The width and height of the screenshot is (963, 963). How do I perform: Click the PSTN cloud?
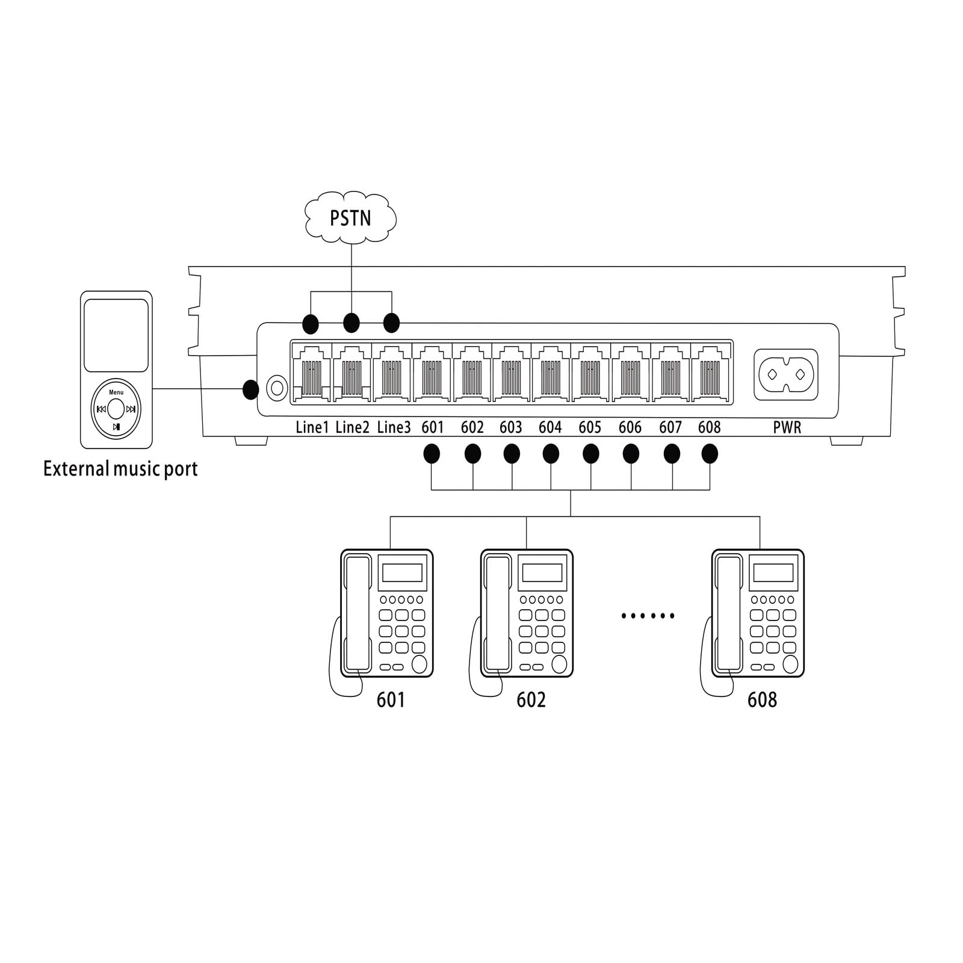click(351, 218)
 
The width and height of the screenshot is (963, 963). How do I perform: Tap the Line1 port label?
click(312, 427)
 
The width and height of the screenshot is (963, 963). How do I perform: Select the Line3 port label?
click(394, 427)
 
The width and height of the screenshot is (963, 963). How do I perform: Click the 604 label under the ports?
click(550, 427)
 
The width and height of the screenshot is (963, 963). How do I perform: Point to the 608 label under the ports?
click(709, 427)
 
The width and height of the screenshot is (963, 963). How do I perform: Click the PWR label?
click(787, 428)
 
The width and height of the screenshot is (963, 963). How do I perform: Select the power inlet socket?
click(785, 374)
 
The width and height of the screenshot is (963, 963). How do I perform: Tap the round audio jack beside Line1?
click(277, 388)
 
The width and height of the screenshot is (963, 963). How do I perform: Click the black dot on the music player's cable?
click(250, 389)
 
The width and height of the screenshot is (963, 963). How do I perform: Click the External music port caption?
click(120, 469)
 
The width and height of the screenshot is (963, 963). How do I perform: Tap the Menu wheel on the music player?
click(116, 409)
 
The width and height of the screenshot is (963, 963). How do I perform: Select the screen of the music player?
click(116, 335)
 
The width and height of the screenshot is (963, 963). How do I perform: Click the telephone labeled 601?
click(386, 613)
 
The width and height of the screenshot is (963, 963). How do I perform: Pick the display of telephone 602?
click(542, 572)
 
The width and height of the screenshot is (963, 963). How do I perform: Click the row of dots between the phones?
click(648, 616)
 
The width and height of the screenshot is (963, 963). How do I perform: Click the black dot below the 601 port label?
click(432, 454)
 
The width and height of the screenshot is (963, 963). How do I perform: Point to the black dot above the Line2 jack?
click(351, 323)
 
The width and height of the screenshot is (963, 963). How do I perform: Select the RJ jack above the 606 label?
click(630, 373)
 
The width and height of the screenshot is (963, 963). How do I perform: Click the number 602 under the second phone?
click(531, 699)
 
